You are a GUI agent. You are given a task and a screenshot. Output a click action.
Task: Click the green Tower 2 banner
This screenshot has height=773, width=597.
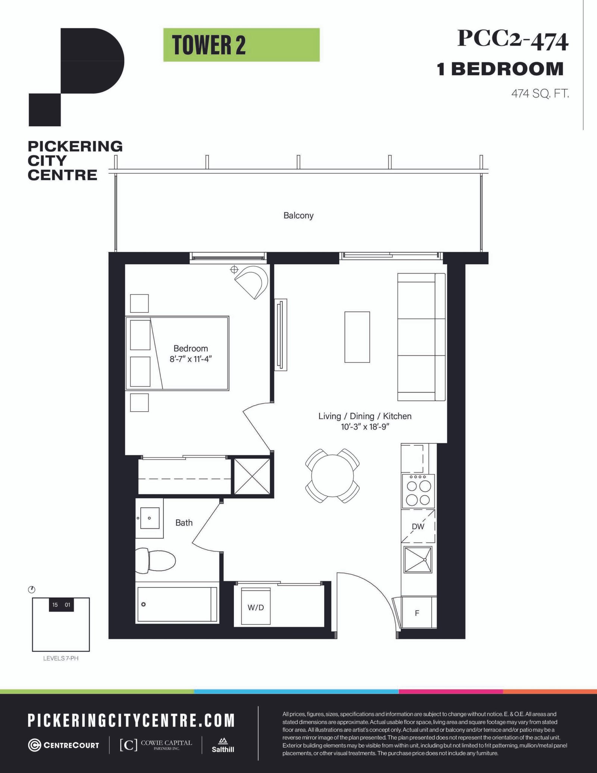point(241,45)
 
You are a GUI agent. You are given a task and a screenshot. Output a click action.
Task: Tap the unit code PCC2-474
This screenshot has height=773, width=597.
point(513,40)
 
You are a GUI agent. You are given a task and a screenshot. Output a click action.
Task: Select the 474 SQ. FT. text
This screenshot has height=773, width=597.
point(540,93)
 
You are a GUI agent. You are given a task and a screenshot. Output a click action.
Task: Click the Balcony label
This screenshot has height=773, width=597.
point(298,215)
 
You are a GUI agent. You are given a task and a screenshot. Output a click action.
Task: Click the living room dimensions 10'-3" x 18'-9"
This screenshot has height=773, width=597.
point(365,427)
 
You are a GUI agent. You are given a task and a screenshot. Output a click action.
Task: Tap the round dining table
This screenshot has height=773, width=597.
point(332,476)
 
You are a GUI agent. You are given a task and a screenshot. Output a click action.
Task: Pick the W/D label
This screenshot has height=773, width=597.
point(256,608)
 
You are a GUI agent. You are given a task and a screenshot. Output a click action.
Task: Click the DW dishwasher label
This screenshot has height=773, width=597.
point(418,526)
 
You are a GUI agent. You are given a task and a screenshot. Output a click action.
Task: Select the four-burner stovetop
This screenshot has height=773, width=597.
point(418,491)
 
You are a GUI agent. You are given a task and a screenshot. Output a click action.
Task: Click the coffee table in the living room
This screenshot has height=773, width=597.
point(357,337)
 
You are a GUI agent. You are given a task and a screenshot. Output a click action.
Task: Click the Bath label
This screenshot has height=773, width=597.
point(184,523)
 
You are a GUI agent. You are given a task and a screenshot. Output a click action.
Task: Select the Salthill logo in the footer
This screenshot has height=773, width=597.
point(223,745)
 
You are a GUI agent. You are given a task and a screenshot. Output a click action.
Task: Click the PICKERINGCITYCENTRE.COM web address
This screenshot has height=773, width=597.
point(131,720)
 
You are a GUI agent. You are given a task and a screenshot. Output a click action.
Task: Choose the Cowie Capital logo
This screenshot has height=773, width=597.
point(156,745)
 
